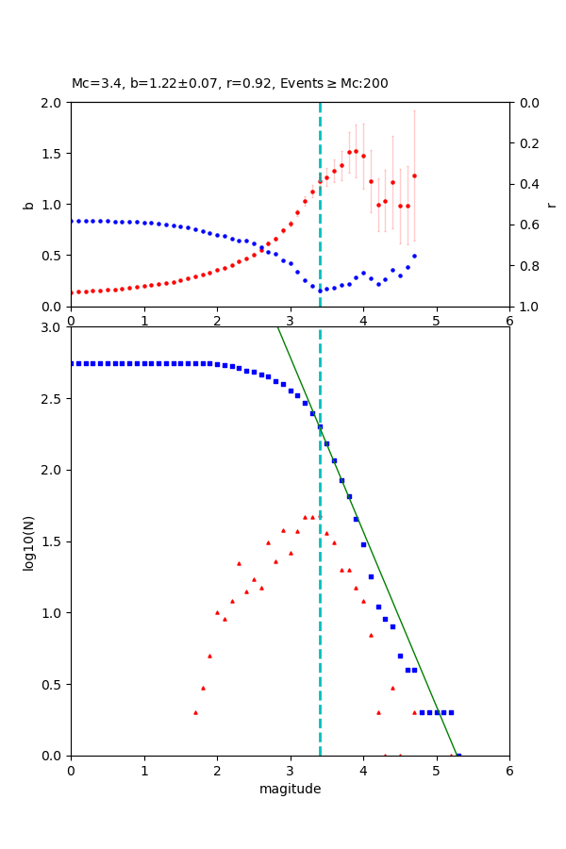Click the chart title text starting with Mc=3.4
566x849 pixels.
[x=229, y=84]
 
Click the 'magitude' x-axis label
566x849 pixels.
[x=290, y=789]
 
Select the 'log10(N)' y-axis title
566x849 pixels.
[x=29, y=541]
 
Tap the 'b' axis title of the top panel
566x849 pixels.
[x=29, y=205]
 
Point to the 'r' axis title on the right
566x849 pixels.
[x=551, y=205]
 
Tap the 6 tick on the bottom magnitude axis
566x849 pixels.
[x=509, y=769]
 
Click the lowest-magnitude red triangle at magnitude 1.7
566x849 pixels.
[x=195, y=712]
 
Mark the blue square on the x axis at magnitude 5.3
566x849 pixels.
[x=458, y=756]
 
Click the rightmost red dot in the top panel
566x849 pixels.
[x=414, y=175]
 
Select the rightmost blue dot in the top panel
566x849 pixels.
[x=414, y=256]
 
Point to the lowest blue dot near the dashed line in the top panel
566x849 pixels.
[x=320, y=291]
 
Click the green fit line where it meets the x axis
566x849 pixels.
[x=456, y=755]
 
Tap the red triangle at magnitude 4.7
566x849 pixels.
[x=414, y=712]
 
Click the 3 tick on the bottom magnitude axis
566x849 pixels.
[x=290, y=769]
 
